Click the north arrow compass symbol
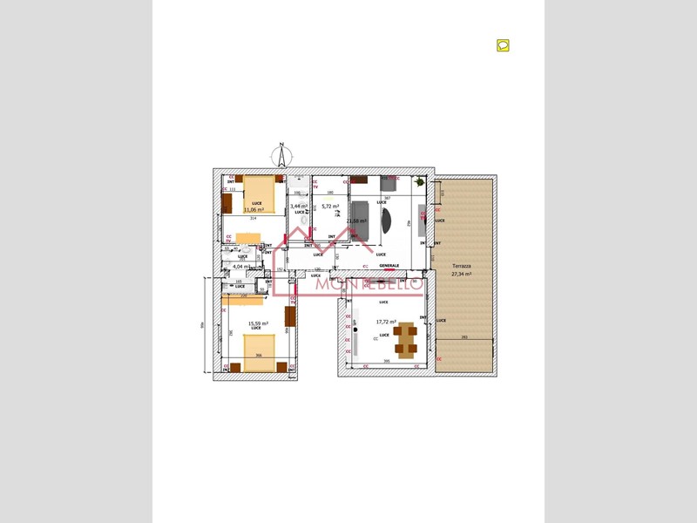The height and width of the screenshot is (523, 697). point(281,156)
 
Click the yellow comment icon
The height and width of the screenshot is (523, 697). point(503,45)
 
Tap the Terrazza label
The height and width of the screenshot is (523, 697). point(461,266)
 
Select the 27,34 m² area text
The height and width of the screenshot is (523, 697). point(461,274)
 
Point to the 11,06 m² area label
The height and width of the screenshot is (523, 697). point(254,210)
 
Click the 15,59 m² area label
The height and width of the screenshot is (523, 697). point(258,323)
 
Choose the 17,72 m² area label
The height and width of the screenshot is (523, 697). point(386,322)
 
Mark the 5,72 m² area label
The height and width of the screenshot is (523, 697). point(330,207)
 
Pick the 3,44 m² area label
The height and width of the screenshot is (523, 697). point(299,206)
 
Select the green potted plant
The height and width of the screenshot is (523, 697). point(420,182)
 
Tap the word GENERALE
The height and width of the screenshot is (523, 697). point(389,266)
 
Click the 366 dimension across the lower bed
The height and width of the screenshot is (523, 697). point(258,356)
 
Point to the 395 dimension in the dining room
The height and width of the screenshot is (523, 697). point(386,361)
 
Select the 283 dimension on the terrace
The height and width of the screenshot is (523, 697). point(464,337)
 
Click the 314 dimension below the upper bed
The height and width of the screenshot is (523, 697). point(253,219)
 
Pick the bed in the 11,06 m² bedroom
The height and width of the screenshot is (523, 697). point(259,194)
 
